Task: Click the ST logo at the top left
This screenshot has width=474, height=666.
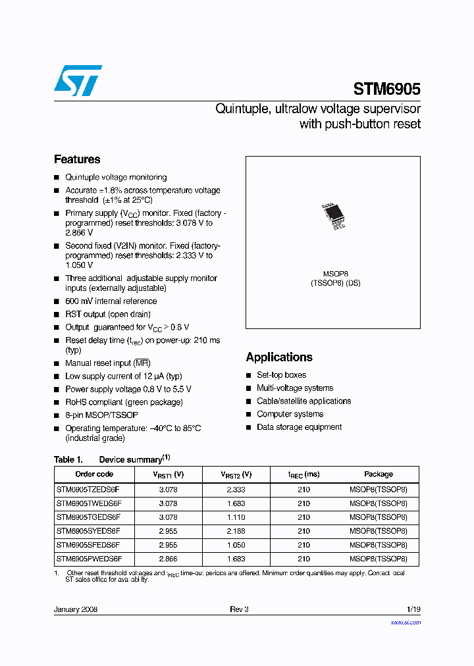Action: tap(78, 80)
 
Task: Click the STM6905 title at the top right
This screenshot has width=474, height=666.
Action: tap(386, 89)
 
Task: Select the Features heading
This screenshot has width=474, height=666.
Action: tap(77, 159)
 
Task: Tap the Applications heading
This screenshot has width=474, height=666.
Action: tap(279, 357)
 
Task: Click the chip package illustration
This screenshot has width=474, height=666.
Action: tap(333, 215)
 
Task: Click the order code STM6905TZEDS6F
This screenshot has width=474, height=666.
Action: tap(88, 490)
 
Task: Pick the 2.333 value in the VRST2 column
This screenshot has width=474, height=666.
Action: tap(236, 490)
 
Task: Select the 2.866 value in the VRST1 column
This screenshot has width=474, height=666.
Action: tap(168, 559)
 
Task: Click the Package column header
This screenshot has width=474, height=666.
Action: tap(379, 474)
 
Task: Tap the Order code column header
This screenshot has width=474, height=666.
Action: tap(94, 474)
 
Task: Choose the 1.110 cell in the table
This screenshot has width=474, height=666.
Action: tap(236, 517)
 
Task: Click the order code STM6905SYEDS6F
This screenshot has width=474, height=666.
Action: tap(88, 531)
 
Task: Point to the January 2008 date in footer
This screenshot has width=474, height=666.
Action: tap(76, 609)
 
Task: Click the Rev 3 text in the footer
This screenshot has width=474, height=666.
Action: tap(239, 609)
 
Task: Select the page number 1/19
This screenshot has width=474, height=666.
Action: tap(413, 609)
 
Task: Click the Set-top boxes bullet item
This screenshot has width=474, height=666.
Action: tap(281, 375)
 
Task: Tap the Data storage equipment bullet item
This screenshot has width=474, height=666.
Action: tap(299, 427)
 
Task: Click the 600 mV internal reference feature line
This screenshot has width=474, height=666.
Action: tap(111, 301)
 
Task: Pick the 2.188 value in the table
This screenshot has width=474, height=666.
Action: tap(236, 531)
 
